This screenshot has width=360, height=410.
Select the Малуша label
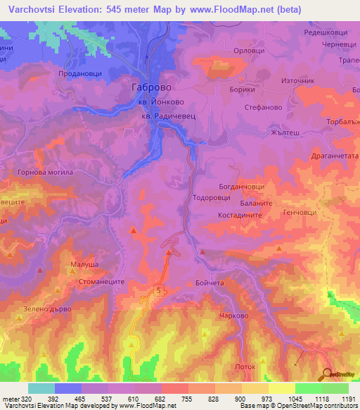83,266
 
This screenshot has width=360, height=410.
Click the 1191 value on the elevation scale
349,398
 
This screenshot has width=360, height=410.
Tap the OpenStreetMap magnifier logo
326,374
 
